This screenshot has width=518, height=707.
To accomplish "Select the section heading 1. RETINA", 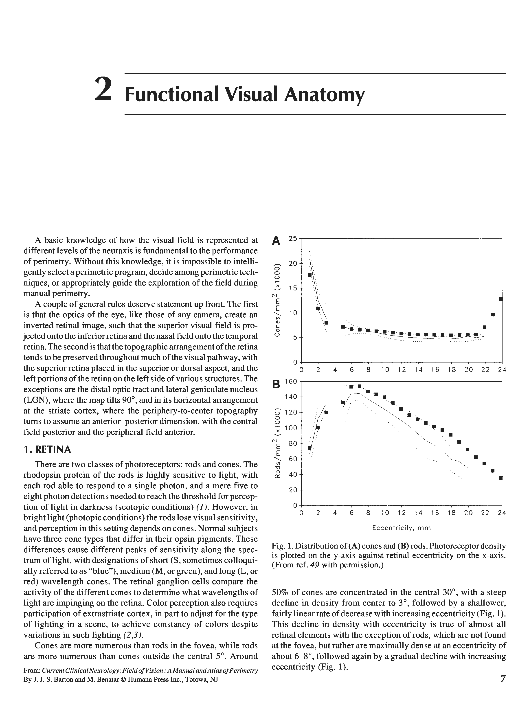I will [47, 450].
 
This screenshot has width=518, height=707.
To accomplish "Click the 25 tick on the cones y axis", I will [292, 238].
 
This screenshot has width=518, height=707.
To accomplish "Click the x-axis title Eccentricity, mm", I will [401, 528].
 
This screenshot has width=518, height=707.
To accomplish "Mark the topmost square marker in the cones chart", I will [309, 275].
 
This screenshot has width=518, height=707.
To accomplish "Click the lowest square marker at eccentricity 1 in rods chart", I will [310, 448].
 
